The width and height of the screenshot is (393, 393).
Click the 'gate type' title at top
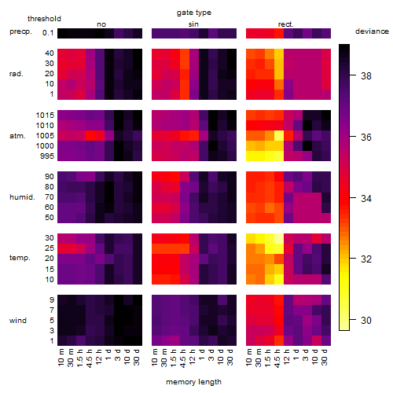194,13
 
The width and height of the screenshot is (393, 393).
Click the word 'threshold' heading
44,19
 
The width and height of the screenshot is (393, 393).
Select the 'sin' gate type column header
193,24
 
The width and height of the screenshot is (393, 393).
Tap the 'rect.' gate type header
285,24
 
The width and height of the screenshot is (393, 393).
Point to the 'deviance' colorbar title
372,31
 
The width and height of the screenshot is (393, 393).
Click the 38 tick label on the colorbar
366,75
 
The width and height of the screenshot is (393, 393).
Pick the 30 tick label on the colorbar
366,320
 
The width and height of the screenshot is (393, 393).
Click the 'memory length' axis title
193,382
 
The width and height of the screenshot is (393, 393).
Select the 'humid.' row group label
22,197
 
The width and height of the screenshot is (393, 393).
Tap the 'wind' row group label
18,321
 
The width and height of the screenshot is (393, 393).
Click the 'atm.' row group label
17,136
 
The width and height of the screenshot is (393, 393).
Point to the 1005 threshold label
45,136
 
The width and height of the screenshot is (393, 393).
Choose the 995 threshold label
47,156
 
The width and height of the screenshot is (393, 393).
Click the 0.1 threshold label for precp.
48,33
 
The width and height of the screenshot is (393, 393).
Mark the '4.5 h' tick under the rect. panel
277,358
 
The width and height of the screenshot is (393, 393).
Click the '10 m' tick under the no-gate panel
61,358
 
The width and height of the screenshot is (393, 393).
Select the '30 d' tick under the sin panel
230,358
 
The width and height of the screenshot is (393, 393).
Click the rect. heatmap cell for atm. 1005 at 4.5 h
279,136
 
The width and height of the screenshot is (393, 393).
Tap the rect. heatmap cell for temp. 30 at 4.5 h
279,238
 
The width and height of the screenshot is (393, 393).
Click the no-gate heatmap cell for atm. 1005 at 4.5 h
90,136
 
